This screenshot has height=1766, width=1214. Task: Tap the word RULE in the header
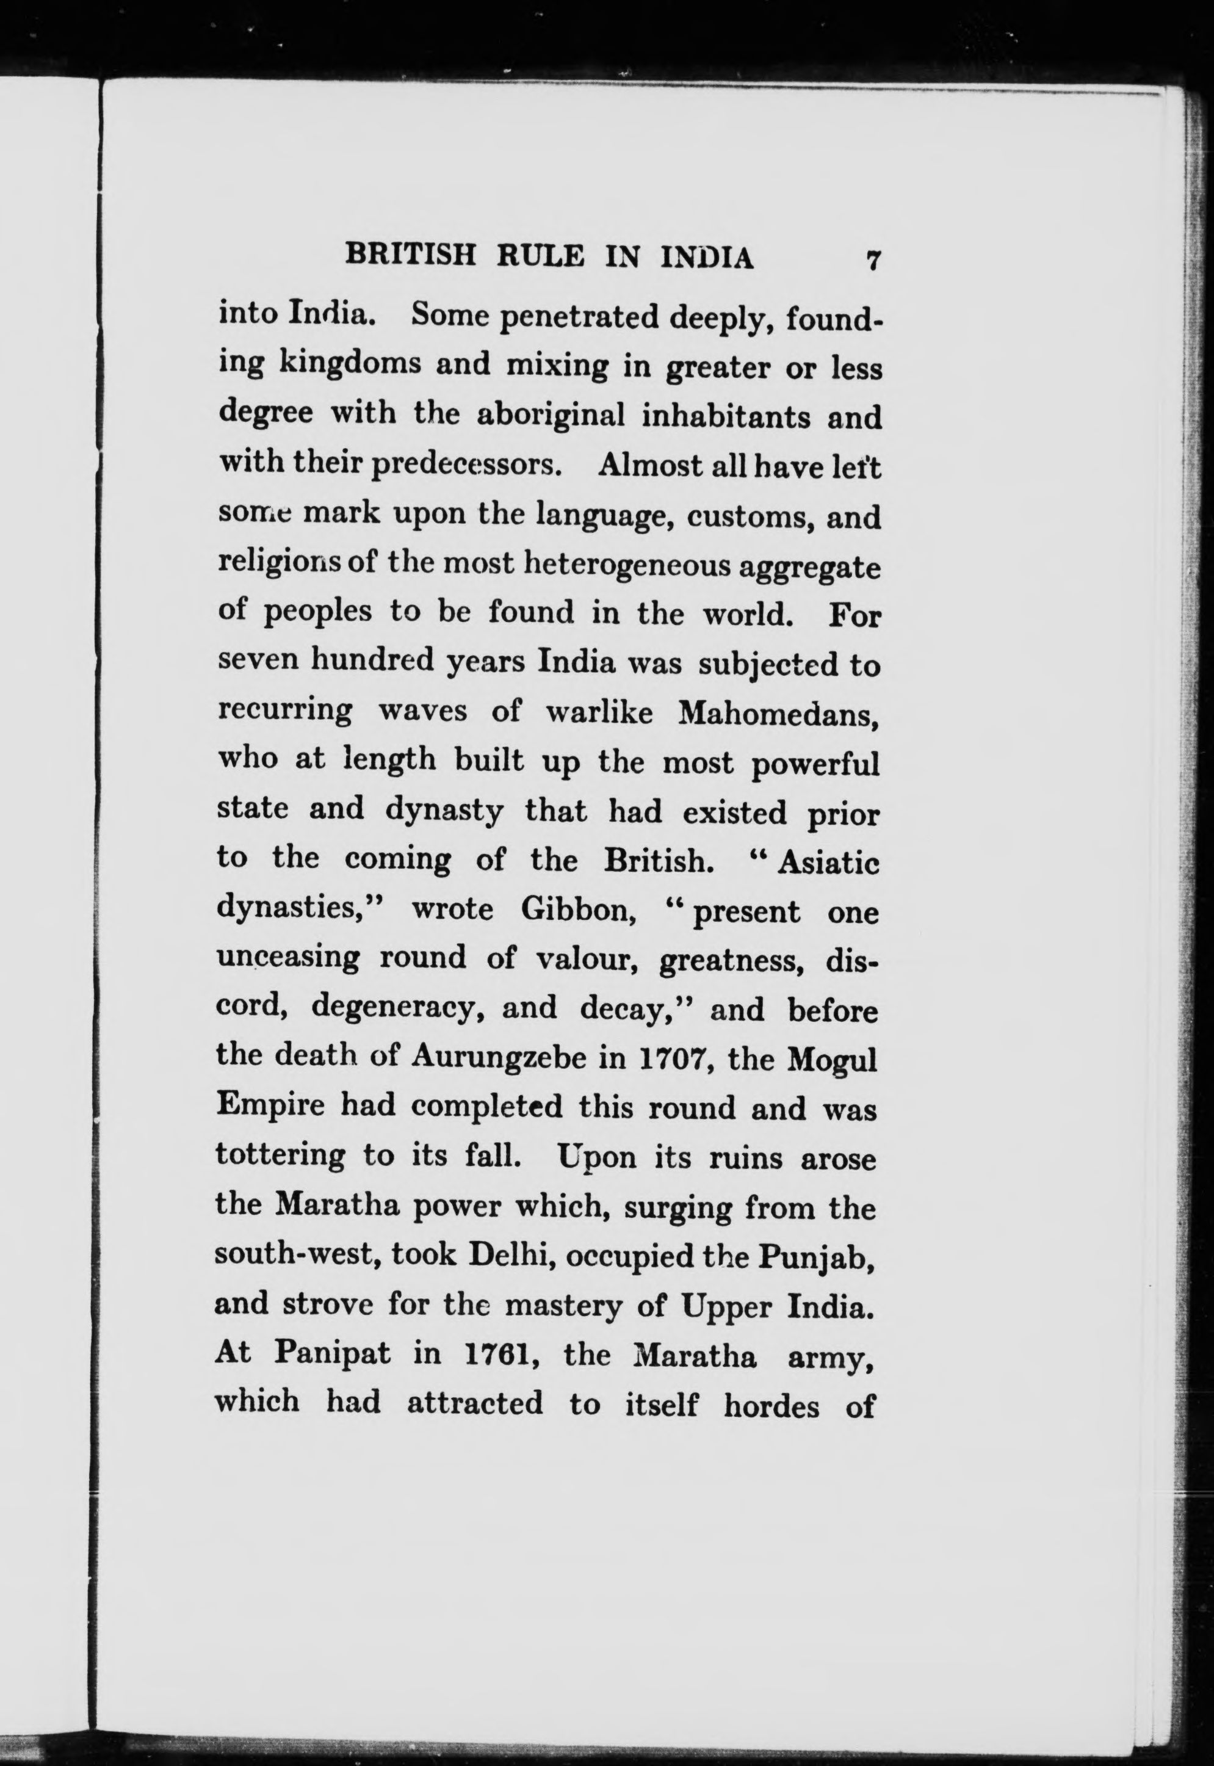coord(541,256)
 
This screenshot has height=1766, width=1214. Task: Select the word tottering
coord(279,1157)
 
